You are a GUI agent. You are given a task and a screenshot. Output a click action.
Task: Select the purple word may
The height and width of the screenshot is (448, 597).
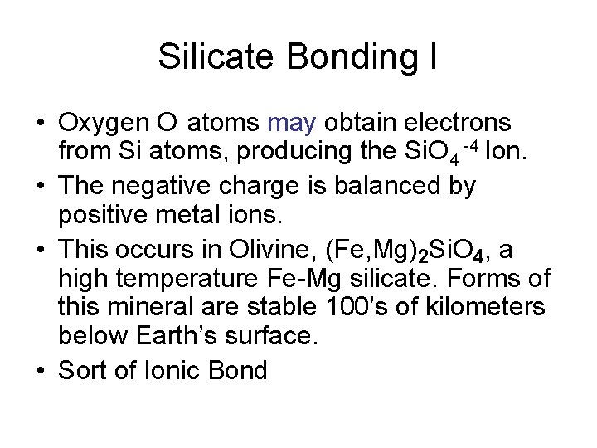click(x=293, y=124)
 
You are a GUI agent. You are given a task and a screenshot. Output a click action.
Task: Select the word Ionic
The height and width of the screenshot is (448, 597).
click(x=171, y=370)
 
